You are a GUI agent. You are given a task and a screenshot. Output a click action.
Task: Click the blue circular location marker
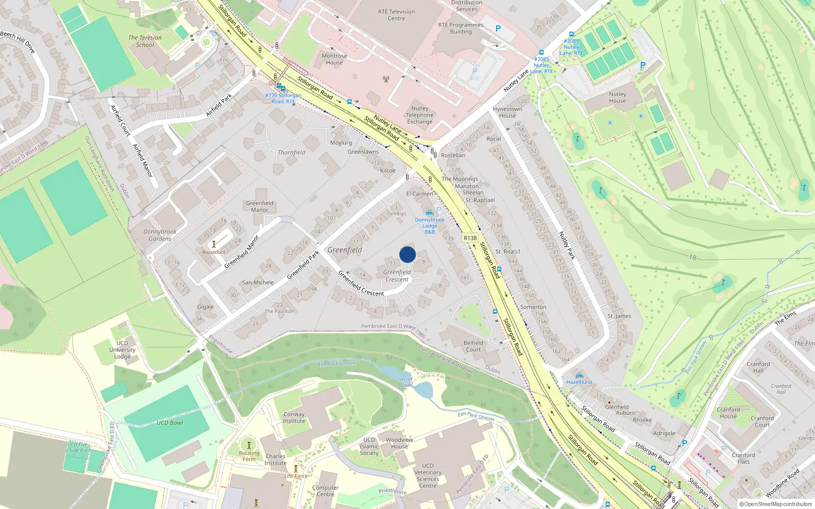407,254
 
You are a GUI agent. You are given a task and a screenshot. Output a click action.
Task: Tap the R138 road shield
470,238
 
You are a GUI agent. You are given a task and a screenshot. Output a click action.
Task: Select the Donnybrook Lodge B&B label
429,225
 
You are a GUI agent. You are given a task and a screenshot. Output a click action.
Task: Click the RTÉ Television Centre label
396,15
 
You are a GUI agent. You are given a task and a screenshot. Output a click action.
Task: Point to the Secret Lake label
405,382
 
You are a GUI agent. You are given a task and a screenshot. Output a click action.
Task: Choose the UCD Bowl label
170,423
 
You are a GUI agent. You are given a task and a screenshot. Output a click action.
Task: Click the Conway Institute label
294,417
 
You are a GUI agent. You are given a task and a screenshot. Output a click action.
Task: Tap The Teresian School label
145,41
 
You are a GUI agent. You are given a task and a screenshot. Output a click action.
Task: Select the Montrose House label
334,60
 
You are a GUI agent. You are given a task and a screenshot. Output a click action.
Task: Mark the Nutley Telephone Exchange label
420,115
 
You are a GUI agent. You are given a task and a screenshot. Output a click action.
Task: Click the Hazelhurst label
579,382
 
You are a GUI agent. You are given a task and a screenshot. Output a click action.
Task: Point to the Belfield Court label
473,346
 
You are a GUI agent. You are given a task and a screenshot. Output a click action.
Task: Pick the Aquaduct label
213,252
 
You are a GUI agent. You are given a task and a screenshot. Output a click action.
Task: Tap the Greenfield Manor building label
259,206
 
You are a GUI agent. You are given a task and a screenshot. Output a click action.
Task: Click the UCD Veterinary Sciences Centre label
427,475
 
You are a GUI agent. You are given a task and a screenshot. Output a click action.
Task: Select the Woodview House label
399,443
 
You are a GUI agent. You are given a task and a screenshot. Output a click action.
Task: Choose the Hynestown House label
507,112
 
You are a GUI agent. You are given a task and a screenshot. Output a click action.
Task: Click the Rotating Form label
249,456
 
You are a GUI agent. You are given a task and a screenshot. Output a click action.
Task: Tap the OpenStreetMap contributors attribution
775,504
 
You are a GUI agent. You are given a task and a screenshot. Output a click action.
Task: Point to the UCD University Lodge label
122,350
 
